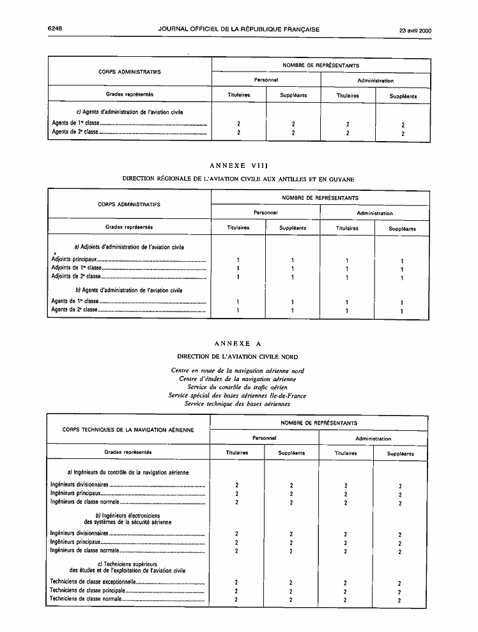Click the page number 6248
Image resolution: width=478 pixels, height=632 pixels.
[58, 29]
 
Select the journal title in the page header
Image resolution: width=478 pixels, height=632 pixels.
[239, 29]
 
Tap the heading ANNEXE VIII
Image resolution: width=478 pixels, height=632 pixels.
[238, 167]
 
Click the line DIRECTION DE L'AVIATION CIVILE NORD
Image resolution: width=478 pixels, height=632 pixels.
[237, 356]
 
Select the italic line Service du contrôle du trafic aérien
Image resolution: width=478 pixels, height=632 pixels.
[237, 387]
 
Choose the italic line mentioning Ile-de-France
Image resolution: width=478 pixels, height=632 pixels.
[237, 395]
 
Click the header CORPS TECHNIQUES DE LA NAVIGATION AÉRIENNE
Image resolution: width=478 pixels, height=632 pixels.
[128, 430]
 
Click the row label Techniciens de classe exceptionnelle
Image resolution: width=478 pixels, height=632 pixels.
[93, 582]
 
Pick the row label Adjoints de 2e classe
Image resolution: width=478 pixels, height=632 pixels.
[76, 276]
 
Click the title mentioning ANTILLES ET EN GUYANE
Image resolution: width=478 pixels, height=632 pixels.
[238, 179]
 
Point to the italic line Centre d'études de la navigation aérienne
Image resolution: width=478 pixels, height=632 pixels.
[237, 379]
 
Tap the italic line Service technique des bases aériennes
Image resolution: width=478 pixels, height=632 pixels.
[237, 403]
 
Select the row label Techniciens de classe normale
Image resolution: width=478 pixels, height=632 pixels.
[85, 599]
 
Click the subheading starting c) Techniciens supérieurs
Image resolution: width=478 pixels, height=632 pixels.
[128, 567]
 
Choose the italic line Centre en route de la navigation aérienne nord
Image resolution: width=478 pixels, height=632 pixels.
[237, 370]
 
